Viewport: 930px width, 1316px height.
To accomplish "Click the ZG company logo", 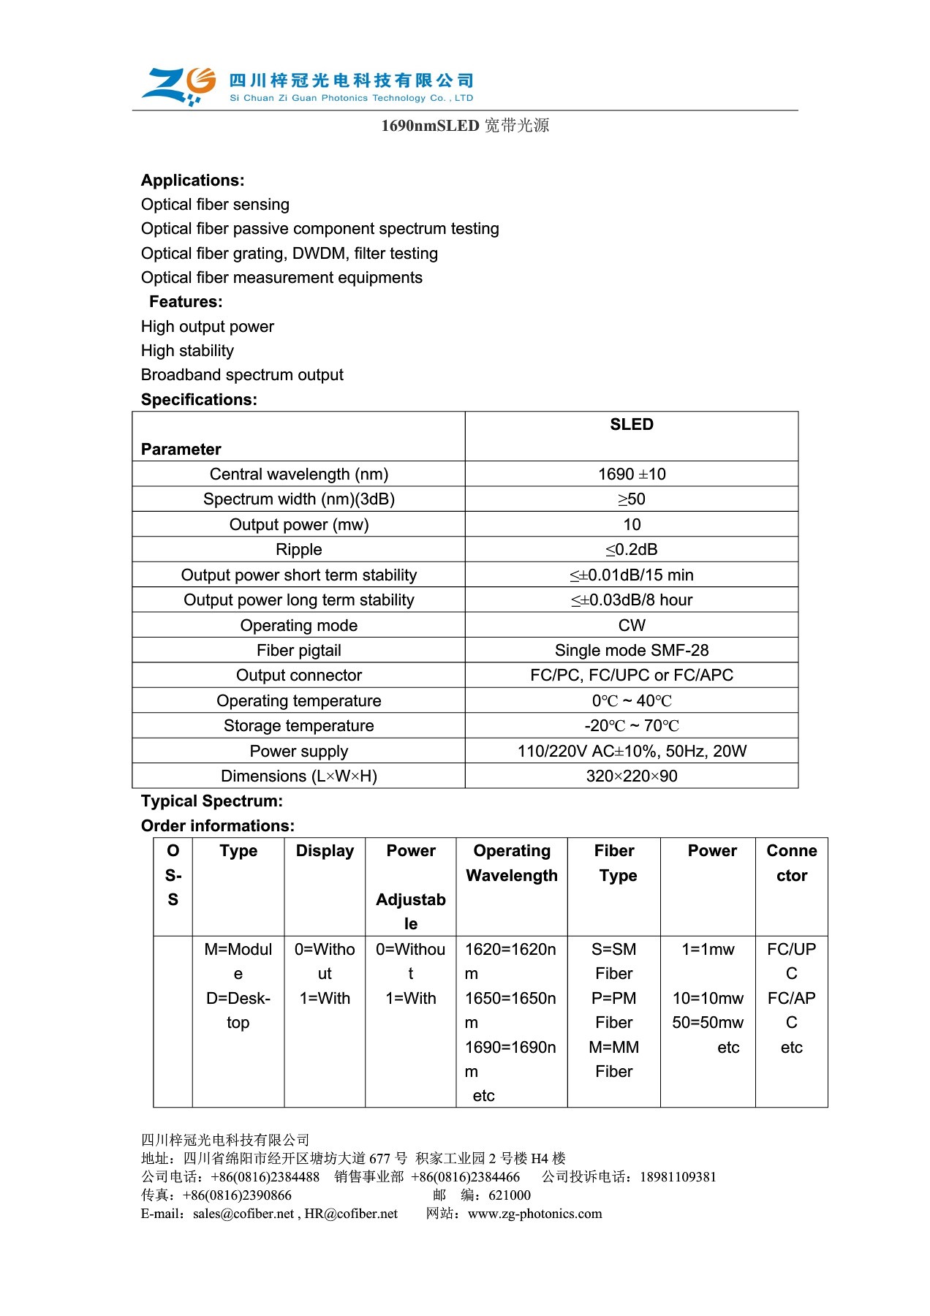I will (x=178, y=86).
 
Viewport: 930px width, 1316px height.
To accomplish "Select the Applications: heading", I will (x=192, y=181).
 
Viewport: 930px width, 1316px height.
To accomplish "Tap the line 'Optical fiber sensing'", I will (x=215, y=205).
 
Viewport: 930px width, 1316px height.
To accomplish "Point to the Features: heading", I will (x=186, y=302).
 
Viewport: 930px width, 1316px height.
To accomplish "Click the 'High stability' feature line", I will (x=187, y=351).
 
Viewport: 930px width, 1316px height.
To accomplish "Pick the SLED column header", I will (x=632, y=425).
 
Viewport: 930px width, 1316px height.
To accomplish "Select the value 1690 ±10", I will (x=632, y=474).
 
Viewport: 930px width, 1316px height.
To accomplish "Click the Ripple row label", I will (x=298, y=550).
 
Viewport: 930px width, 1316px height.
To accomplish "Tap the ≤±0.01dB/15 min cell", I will (x=632, y=575).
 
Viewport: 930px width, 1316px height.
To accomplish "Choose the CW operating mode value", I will (x=632, y=626).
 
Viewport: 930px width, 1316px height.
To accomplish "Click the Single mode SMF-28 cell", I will (x=632, y=651).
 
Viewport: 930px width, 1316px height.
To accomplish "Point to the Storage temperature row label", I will (x=298, y=726).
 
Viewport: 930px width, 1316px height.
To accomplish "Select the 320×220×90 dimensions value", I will (x=632, y=776).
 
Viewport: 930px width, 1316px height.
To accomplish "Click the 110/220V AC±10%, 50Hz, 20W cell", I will (x=632, y=752).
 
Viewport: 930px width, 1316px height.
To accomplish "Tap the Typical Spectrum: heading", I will (x=212, y=801).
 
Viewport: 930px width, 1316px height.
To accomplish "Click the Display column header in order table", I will (x=325, y=851).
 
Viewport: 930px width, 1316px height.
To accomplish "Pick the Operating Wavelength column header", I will (x=512, y=863).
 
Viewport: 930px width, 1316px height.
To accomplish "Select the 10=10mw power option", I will (x=708, y=999).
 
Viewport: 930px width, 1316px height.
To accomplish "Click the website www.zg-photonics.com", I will (x=534, y=1214).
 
